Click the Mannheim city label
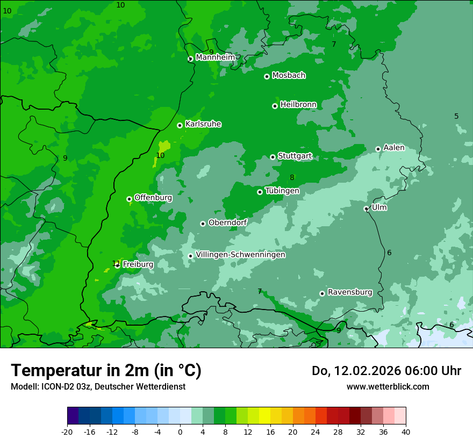pyautogui.click(x=216, y=57)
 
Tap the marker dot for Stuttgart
pyautogui.click(x=273, y=157)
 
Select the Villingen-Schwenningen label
pyautogui.click(x=240, y=255)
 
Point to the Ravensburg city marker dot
pyautogui.click(x=322, y=293)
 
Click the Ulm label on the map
pyautogui.click(x=379, y=207)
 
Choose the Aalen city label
pyautogui.click(x=393, y=148)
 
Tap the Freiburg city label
pyautogui.click(x=138, y=264)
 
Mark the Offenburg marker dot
pyautogui.click(x=129, y=199)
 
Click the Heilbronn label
pyautogui.click(x=298, y=104)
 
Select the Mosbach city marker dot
pyautogui.click(x=267, y=76)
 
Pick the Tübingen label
pyautogui.click(x=282, y=191)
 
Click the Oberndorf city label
pyautogui.click(x=227, y=222)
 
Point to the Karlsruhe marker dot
pyautogui.click(x=180, y=125)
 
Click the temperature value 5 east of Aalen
pyautogui.click(x=456, y=117)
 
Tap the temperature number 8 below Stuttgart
pyautogui.click(x=292, y=178)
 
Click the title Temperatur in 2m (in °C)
pyautogui.click(x=106, y=371)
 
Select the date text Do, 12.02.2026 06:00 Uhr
pyautogui.click(x=386, y=371)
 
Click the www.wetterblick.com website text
pyautogui.click(x=388, y=386)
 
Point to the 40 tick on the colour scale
pyautogui.click(x=406, y=431)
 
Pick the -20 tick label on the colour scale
pyautogui.click(x=67, y=431)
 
